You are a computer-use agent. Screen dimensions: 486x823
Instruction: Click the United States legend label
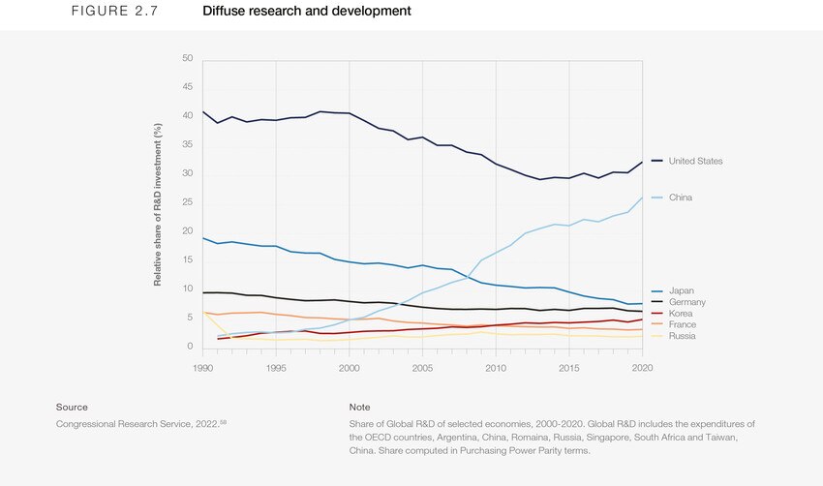tap(695, 161)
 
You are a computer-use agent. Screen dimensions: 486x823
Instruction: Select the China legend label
tap(681, 197)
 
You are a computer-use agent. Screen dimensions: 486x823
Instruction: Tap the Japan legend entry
tap(681, 290)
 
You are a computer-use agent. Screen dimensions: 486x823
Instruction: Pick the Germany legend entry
tap(686, 302)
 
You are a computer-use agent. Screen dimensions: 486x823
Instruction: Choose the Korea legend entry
tap(681, 314)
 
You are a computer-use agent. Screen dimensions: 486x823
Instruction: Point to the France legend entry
tap(682, 324)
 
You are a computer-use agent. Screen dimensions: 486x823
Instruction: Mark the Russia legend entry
tap(682, 336)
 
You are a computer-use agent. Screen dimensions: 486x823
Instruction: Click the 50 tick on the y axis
tap(187, 59)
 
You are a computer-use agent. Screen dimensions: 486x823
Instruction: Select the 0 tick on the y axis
tap(190, 347)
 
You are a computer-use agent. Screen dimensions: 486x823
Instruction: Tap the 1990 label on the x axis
tap(203, 368)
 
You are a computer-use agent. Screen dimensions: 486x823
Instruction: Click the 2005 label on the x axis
tap(422, 368)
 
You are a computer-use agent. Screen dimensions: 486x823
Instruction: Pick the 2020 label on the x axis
tap(640, 368)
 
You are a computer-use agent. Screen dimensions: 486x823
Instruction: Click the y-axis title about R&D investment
tap(158, 203)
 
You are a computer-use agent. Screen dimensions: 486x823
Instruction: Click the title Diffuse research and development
tap(307, 12)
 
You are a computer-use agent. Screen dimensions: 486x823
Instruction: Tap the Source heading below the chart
tap(72, 408)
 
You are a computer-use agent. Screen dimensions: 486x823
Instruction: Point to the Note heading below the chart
tap(359, 408)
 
